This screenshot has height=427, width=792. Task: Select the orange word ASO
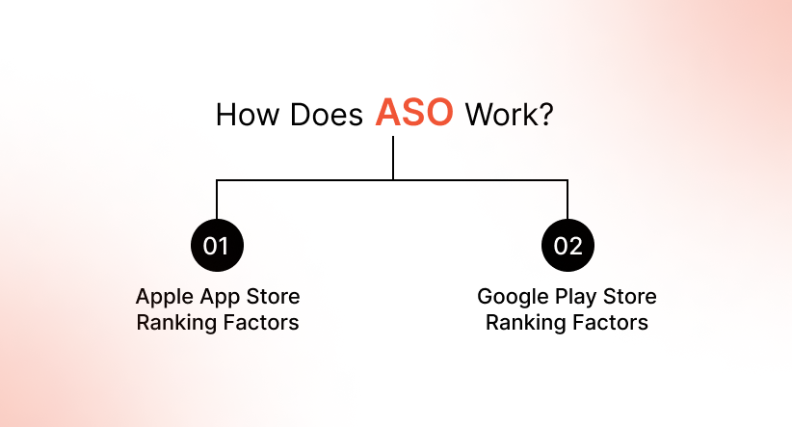[x=413, y=114]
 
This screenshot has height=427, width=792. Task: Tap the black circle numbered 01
[x=217, y=246]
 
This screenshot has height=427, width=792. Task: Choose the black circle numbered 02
[x=568, y=246]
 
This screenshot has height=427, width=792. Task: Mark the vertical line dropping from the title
[x=393, y=157]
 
